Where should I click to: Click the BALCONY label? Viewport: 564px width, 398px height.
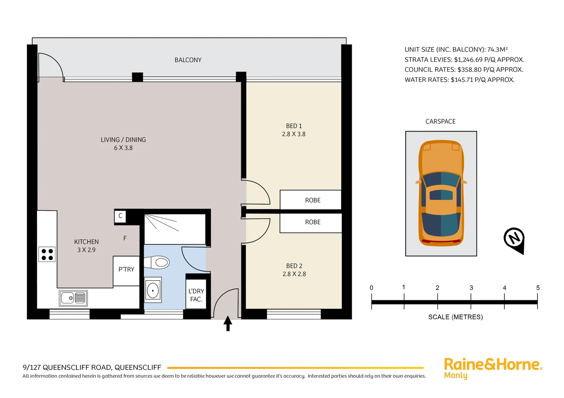pos(188,60)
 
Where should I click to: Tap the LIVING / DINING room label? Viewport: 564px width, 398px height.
pos(123,140)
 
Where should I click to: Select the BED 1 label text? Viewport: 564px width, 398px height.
pos(294,126)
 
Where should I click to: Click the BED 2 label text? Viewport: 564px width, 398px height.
pos(294,266)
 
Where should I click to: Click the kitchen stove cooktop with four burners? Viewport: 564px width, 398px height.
pos(47,254)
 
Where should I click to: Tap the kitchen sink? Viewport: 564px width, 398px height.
pos(73,298)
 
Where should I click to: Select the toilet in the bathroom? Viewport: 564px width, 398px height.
pos(157,263)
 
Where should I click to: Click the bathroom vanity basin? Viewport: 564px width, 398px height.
pos(153,290)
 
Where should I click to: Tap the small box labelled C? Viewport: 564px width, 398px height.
pos(120,216)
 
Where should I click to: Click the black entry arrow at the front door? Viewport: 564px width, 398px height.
pos(228,323)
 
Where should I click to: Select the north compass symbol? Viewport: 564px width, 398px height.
pos(514,239)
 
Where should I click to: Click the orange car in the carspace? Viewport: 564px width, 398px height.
pos(441,193)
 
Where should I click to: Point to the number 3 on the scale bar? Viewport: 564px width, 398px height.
pos(471,288)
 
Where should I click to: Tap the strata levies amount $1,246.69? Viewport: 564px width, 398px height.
pos(468,60)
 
